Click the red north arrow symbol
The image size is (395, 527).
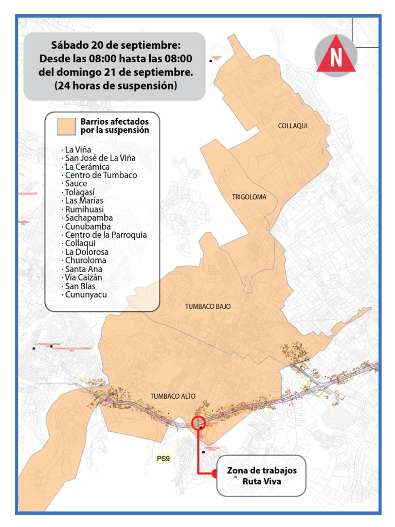point(336,55)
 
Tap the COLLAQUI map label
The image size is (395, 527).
point(292,126)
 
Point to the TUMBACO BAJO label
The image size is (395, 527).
point(208,306)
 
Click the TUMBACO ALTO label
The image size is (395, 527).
point(173,396)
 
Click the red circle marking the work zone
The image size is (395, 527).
point(199,423)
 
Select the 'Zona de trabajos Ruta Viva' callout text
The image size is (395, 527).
point(261,477)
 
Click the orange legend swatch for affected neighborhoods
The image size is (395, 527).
point(66,126)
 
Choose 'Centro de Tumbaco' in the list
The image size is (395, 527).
point(100,175)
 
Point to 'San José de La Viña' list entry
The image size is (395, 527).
point(99,158)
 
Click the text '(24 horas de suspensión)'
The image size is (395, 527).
point(115,86)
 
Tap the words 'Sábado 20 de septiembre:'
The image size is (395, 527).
point(115,45)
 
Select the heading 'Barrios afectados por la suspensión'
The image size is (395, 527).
point(114,126)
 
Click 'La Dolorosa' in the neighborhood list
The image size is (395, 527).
point(85,252)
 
